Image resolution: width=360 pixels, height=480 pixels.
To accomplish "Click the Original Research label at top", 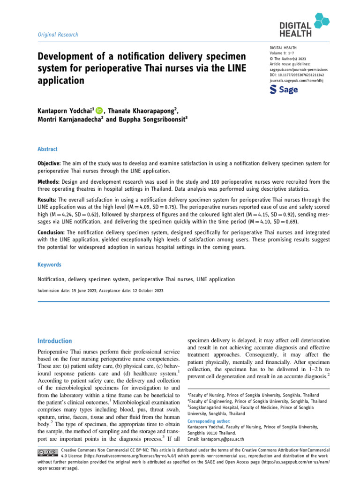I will [x=58, y=35].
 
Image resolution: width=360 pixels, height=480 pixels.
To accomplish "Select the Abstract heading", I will [x=47, y=149].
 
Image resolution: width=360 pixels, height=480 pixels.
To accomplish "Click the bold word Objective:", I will [x=50, y=164].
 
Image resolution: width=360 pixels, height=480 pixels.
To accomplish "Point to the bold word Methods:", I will [x=49, y=181].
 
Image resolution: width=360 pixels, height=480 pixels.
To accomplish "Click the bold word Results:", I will [x=48, y=200].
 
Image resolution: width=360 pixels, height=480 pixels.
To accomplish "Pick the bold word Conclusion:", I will [x=52, y=232].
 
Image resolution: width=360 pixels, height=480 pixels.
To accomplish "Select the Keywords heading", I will [x=49, y=265].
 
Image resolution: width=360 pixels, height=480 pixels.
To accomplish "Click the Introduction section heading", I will [x=55, y=341].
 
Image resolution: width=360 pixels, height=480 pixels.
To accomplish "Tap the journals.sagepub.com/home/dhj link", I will [x=297, y=81].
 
